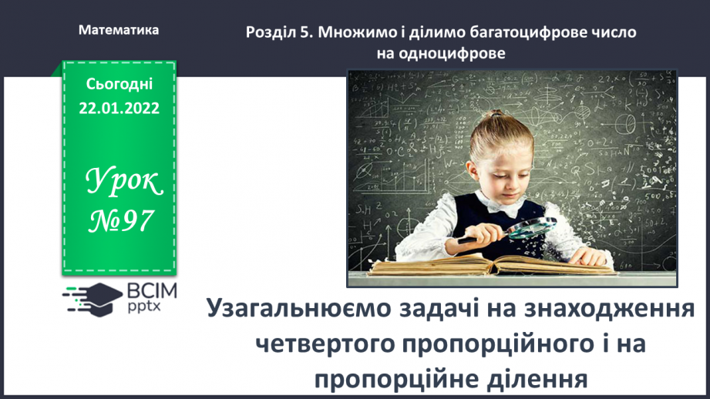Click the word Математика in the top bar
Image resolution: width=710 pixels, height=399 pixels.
119,30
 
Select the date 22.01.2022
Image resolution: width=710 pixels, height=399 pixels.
119,109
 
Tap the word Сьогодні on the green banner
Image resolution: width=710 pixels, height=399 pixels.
119,83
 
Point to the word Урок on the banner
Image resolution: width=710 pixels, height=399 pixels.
124,182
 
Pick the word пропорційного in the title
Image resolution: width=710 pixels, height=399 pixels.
512,344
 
